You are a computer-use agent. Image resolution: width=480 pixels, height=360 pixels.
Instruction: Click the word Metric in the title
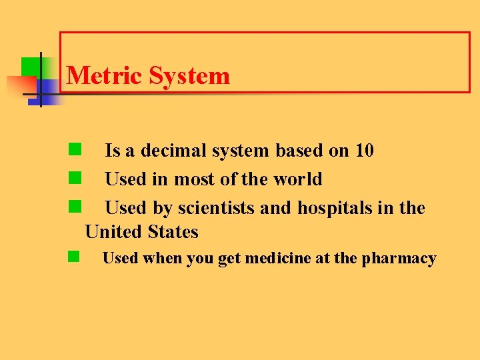[105, 75]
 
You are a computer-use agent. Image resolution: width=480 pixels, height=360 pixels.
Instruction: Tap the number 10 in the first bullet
[364, 151]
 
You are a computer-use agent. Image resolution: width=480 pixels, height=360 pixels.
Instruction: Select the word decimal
[173, 151]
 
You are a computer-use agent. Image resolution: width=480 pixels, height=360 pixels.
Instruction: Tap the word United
[117, 232]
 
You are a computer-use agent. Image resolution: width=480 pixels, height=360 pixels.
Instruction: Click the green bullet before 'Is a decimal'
[74, 149]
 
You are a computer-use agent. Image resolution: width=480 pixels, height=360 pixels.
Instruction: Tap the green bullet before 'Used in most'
[74, 178]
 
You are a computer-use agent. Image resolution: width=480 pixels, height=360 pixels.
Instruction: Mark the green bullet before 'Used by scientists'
[74, 207]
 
